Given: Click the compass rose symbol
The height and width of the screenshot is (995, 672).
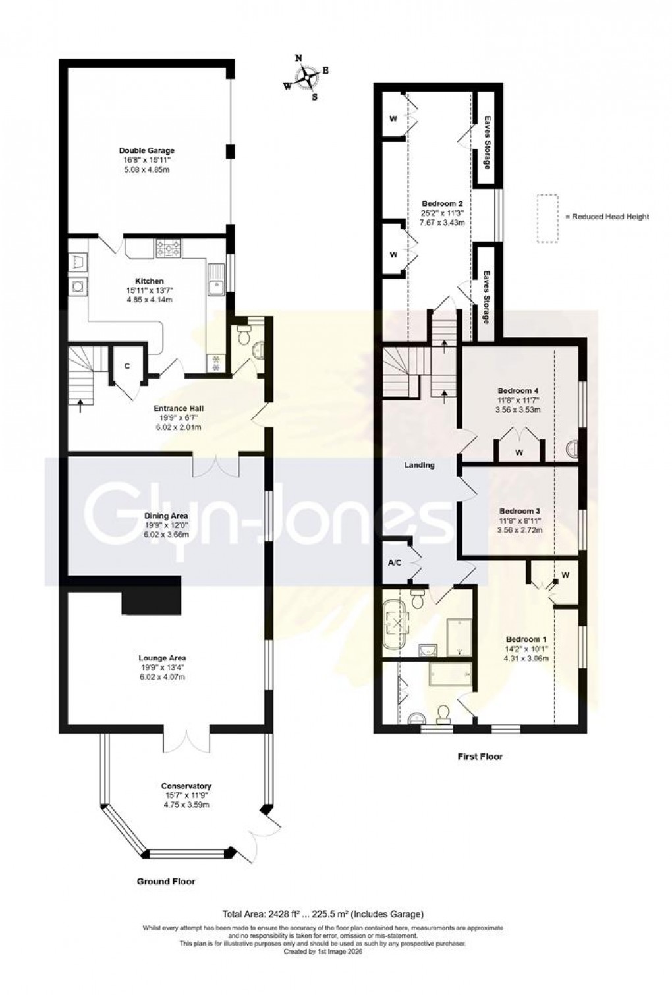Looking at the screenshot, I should (x=307, y=79).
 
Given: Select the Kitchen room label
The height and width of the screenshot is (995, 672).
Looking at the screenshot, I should (x=150, y=281).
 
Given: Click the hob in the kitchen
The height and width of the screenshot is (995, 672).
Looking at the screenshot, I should (x=169, y=249).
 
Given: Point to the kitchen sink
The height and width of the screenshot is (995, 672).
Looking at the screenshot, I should (x=215, y=277).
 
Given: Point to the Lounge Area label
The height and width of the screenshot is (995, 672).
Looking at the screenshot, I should (x=162, y=658).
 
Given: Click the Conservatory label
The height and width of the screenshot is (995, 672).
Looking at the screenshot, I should (x=186, y=786).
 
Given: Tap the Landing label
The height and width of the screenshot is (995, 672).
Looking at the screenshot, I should (x=420, y=465).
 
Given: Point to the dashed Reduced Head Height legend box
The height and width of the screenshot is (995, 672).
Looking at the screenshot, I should (x=547, y=218).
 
